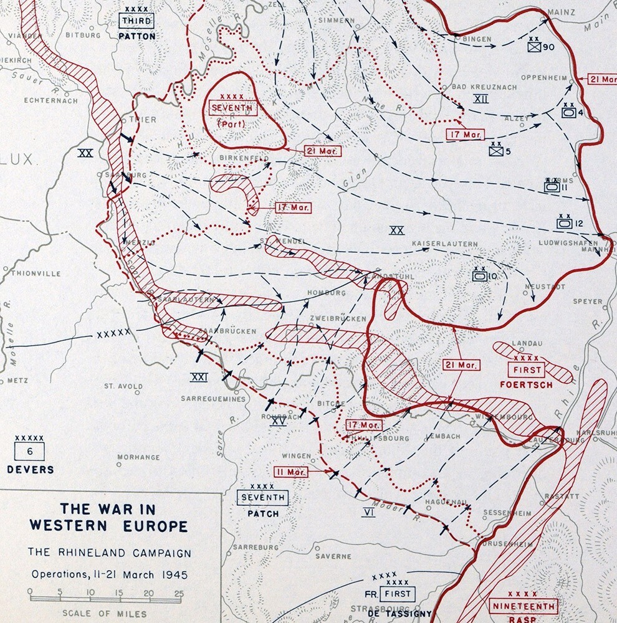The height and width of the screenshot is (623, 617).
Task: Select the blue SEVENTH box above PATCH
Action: coord(262,497)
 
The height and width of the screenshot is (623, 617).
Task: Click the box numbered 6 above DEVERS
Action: coord(29,450)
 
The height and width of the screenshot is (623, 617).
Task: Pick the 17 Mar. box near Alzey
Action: coord(462,134)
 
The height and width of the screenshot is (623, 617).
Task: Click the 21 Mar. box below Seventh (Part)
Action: coord(322,151)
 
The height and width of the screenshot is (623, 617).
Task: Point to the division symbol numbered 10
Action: coord(480,275)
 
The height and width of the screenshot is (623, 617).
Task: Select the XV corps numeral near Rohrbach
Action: coord(278,421)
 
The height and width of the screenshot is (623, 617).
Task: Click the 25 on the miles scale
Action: coord(179,592)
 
